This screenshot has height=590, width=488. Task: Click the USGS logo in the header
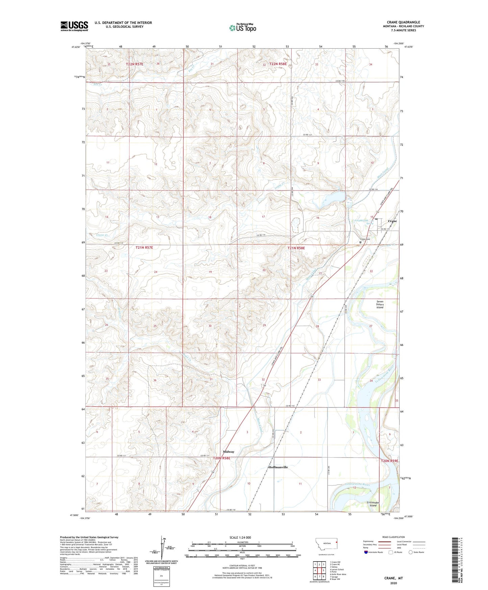click(74, 26)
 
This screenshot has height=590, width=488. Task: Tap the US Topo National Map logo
click(242, 27)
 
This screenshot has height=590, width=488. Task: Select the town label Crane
click(392, 221)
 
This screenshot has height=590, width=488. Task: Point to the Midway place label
click(229, 452)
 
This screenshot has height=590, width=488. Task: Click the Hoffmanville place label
click(278, 467)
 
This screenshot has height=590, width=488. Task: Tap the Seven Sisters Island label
click(380, 304)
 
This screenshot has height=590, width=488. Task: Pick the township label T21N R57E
click(144, 247)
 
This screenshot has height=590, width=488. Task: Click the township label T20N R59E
click(389, 461)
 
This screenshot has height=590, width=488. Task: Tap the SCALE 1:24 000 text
click(240, 538)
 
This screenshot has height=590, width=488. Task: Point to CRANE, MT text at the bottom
click(393, 578)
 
